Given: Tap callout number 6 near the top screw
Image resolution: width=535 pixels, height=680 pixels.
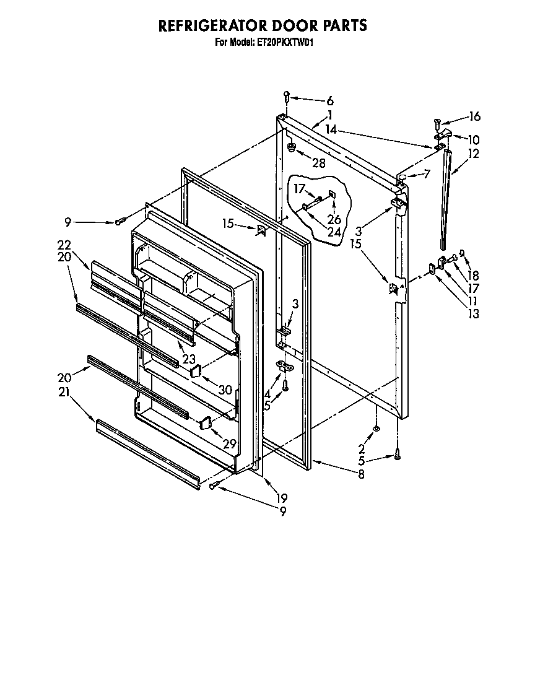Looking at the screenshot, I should coord(329,101).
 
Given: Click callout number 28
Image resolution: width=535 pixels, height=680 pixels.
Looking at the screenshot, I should coord(319,162).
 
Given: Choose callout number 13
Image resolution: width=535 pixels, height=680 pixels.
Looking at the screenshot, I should coord(473,313).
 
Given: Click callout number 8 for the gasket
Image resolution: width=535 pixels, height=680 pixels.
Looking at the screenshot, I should coord(361,475).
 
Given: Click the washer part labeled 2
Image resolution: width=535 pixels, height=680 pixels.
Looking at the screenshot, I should coord(376,429).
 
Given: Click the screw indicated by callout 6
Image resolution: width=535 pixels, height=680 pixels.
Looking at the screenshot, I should coord(287,96).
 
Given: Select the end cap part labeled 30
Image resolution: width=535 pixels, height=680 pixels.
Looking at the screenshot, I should coord(194,371).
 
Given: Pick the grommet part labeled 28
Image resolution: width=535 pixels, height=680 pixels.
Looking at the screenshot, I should coord(291,147).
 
